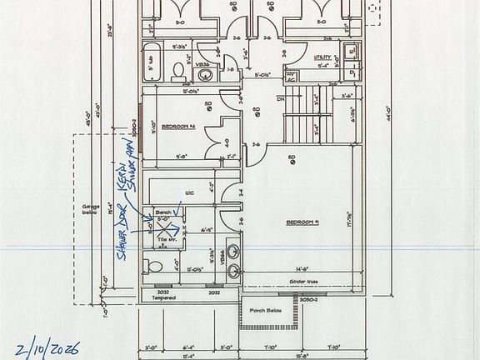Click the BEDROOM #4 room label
coord(177,126)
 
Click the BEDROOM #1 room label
coord(303,222)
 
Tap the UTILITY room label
coord(322,57)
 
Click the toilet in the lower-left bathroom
coord(152,267)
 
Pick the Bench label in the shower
coord(163,212)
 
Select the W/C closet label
coord(190,193)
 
